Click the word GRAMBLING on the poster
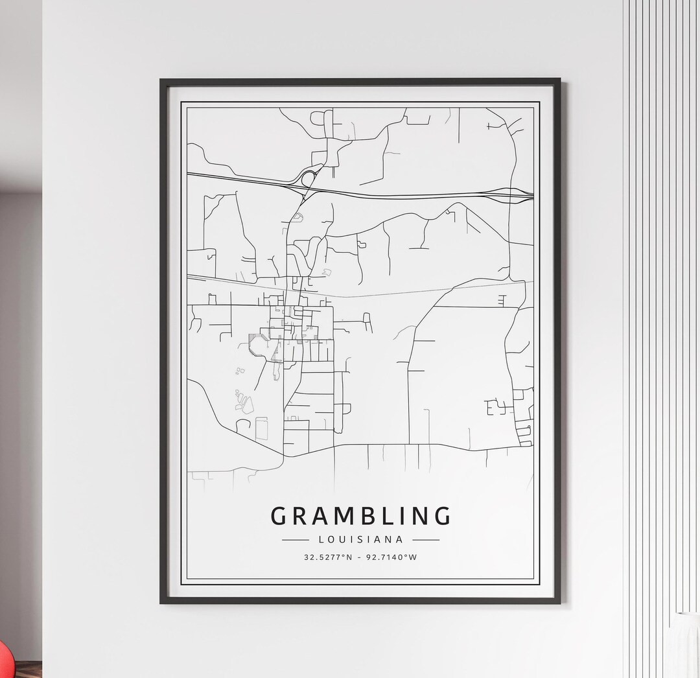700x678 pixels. pos(360,516)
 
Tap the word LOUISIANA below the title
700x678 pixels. pos(360,539)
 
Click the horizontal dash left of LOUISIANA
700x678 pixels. pos(295,539)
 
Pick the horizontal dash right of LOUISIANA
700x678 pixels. pos(426,539)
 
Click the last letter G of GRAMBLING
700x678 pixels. pos(443,516)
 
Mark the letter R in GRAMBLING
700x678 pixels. pos(299,516)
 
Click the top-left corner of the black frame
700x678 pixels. pos(161,80)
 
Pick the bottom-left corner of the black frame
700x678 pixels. pos(161,602)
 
